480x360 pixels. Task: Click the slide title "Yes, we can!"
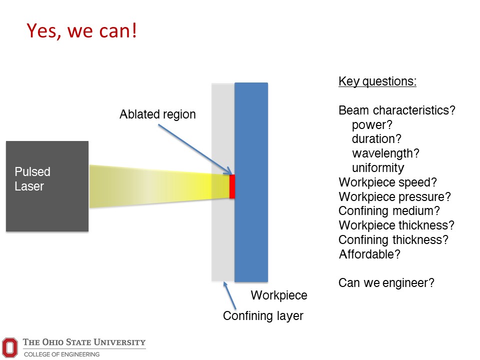[x=81, y=31]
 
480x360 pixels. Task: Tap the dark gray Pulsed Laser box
[x=47, y=186]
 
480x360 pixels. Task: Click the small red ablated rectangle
[x=232, y=186]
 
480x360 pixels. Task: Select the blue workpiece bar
[x=251, y=182]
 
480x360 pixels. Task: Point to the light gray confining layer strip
[x=223, y=182]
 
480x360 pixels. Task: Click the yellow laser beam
[x=159, y=186]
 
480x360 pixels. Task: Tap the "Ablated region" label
[x=157, y=114]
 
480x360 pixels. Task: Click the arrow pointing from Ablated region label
[x=195, y=149]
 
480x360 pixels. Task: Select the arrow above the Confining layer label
[x=229, y=295]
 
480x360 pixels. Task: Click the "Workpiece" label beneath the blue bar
[x=279, y=295]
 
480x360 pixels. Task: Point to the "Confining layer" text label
[x=263, y=316]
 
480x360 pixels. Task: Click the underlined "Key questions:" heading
[x=377, y=81]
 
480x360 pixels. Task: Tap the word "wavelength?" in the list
[x=385, y=153]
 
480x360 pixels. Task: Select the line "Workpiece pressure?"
[x=394, y=197]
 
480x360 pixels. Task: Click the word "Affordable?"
[x=369, y=254]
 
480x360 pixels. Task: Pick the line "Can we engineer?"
[x=386, y=283]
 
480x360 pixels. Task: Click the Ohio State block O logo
[x=10, y=347]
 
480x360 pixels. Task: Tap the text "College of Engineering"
[x=62, y=354]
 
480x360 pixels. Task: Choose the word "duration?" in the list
[x=376, y=139]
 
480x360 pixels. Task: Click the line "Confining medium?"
[x=389, y=211]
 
